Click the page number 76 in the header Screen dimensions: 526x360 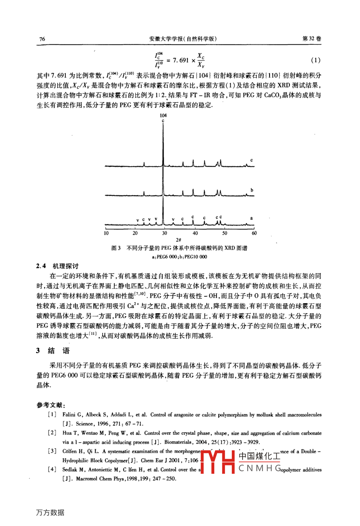coord(42,39)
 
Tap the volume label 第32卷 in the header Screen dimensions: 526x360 coord(312,39)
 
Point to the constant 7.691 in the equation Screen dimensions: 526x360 coord(178,61)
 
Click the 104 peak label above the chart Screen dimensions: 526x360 coord(163,116)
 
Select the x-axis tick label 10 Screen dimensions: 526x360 coord(106,234)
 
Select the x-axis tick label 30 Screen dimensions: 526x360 coord(164,234)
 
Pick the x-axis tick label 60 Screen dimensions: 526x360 coord(254,234)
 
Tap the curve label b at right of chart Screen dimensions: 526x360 coord(252,190)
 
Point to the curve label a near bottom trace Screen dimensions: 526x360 coord(251,218)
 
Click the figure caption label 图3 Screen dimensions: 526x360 coord(116,248)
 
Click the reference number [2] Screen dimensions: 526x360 coord(52,433)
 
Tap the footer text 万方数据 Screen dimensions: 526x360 coord(50,513)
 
